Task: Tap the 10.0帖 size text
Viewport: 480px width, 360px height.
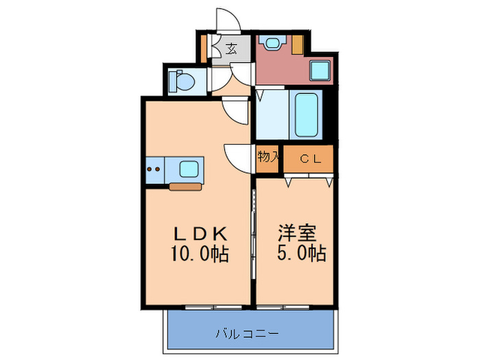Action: [200, 254]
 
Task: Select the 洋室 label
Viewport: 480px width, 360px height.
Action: [296, 232]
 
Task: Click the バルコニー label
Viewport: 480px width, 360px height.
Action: [246, 334]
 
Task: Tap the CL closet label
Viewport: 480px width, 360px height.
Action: [308, 159]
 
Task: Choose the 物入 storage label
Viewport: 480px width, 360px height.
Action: [268, 157]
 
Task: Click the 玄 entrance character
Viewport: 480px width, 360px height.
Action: [231, 49]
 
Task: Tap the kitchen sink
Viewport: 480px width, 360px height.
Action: [188, 167]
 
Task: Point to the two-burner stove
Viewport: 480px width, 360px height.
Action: [155, 169]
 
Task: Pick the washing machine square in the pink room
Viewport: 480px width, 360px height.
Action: [319, 69]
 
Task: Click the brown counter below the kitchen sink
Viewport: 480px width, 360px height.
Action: [185, 185]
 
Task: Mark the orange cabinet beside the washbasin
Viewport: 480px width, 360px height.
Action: [298, 44]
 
